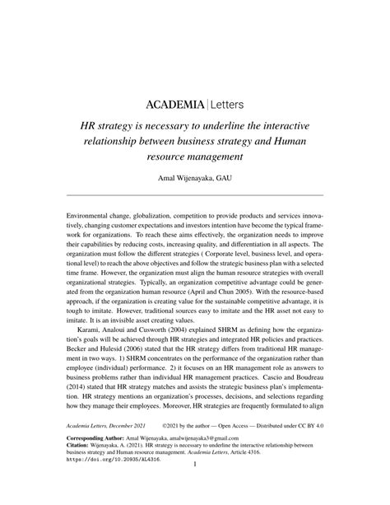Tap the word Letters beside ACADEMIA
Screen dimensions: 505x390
click(231, 105)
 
